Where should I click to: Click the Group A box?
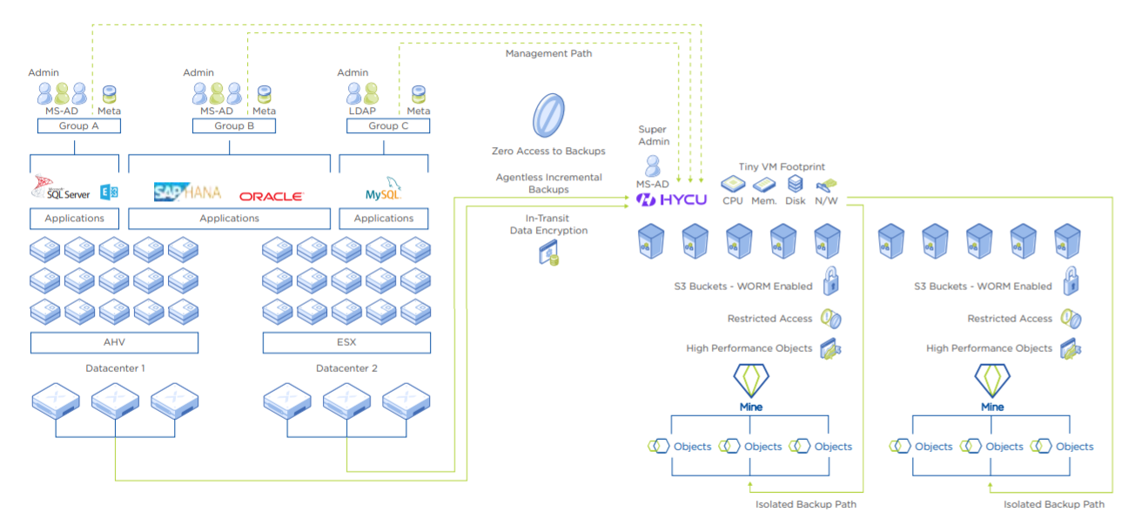78,126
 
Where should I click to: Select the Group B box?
233,126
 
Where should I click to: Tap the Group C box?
387,126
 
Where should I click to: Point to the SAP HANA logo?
187,192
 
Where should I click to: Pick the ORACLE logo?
271,197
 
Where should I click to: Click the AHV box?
114,342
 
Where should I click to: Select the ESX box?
346,342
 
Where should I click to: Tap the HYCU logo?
671,200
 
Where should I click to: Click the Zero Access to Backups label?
548,151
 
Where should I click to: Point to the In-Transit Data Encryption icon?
548,253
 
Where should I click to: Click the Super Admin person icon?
652,165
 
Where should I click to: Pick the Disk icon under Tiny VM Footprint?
795,184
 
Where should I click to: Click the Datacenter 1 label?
115,368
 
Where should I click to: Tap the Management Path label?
548,54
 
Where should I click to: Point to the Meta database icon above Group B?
264,93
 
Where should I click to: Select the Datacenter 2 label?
346,368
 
